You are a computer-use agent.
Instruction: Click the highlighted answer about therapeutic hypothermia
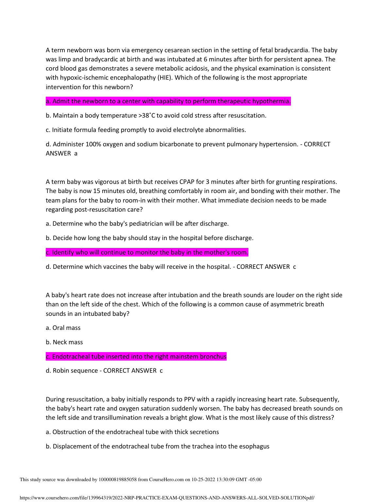(168, 101)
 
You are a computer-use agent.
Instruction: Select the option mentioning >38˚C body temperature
(156, 116)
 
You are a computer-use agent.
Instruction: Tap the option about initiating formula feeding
(146, 130)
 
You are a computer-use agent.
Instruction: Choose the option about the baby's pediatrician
(137, 224)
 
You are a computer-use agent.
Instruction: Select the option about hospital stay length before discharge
(149, 238)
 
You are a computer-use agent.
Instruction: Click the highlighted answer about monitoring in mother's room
(147, 252)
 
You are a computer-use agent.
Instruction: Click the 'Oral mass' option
(63, 328)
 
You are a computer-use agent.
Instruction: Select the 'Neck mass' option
(64, 342)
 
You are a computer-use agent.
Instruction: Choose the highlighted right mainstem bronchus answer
(136, 357)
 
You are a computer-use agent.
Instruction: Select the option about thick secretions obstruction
(132, 432)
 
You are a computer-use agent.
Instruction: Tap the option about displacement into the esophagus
(158, 446)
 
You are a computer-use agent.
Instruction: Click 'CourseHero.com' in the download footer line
(166, 480)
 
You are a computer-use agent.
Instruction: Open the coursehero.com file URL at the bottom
(167, 498)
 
